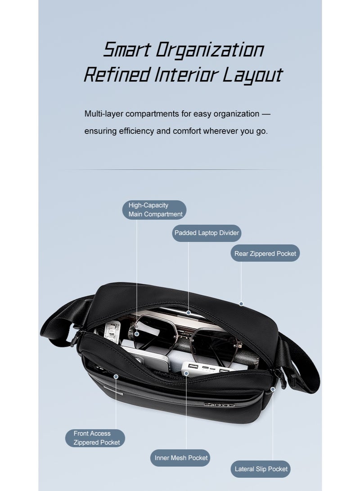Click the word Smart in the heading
click(127, 50)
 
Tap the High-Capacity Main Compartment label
click(154, 210)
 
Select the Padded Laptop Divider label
click(207, 233)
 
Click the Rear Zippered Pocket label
click(265, 253)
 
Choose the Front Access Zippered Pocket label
click(95, 438)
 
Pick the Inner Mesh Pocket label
click(180, 458)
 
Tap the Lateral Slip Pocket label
click(261, 469)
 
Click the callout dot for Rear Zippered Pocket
click(241, 304)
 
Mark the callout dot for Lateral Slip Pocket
click(273, 389)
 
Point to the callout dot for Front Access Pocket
click(116, 377)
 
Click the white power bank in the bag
click(207, 368)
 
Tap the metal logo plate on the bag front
click(219, 405)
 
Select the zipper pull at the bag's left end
click(75, 338)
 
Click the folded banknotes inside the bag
click(114, 332)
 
